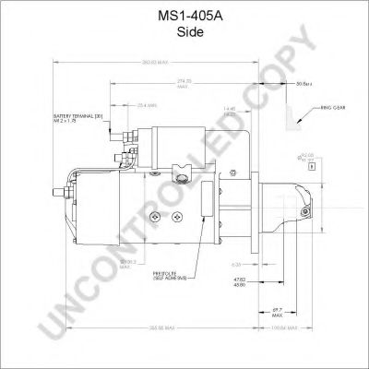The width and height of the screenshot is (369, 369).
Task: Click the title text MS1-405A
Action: [x=184, y=16]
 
